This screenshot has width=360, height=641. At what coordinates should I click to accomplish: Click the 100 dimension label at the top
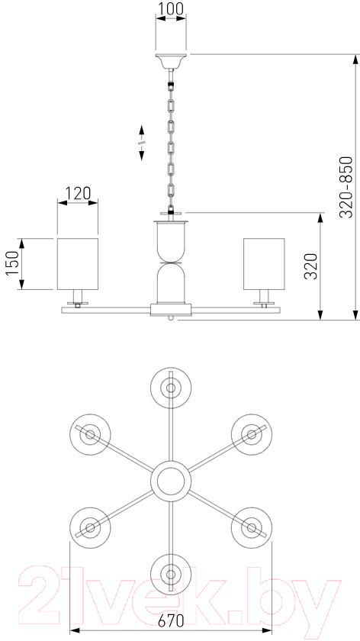(x=171, y=8)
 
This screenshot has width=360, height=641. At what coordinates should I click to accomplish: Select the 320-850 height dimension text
(x=346, y=187)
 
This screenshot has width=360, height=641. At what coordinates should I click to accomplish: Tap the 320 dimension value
(x=312, y=266)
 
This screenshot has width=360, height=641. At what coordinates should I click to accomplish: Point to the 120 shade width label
(x=78, y=193)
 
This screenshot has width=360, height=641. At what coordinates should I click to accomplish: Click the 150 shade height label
(x=12, y=264)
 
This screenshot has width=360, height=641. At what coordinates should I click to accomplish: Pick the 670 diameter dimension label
(x=171, y=621)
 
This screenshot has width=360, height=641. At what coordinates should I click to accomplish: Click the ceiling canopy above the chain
(x=171, y=61)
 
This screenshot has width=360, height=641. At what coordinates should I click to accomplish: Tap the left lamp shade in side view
(x=78, y=264)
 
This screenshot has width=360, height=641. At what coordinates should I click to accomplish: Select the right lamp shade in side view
(x=264, y=264)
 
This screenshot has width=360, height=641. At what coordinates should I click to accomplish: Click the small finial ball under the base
(x=171, y=318)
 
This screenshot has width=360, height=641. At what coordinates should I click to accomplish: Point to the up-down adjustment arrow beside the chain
(x=141, y=142)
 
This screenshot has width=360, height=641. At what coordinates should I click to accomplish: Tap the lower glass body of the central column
(x=171, y=283)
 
